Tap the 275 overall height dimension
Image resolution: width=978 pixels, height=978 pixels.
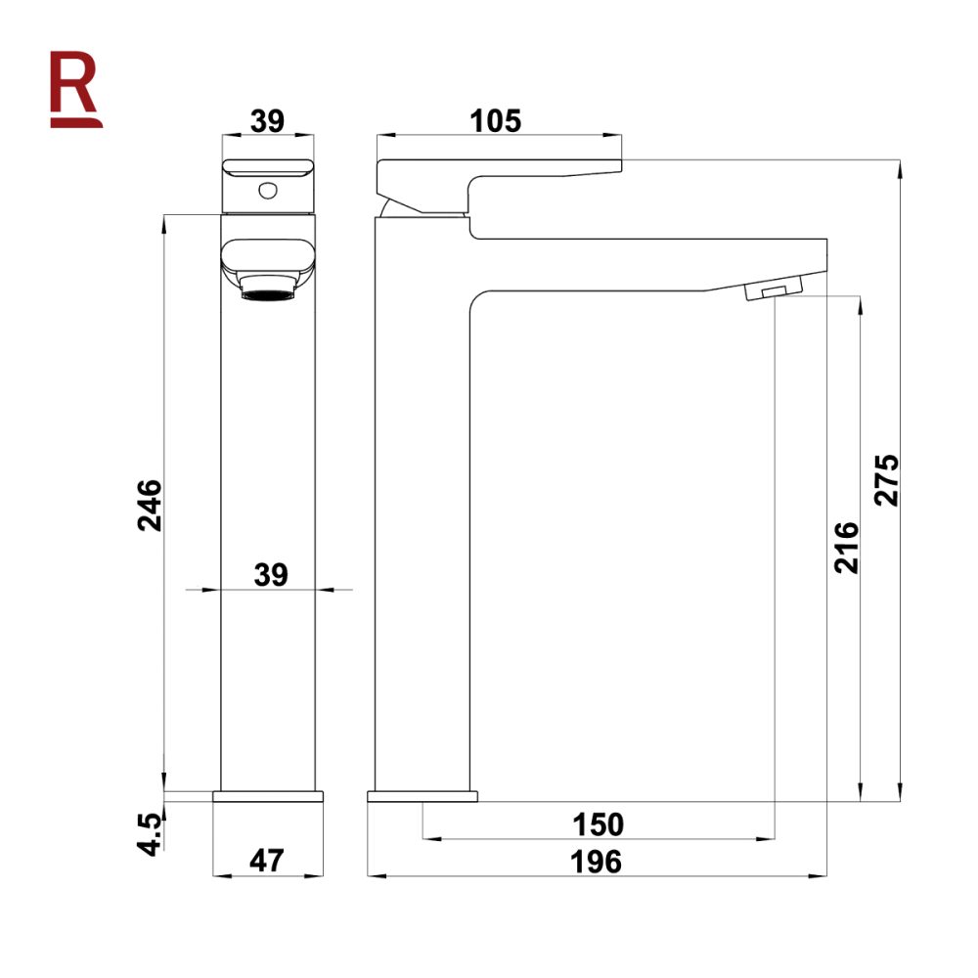pos(886,479)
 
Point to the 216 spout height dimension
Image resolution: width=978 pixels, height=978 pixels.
pos(846,547)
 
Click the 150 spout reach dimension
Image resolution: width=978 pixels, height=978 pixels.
pos(598,824)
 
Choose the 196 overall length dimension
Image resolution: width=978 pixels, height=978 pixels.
pos(598,862)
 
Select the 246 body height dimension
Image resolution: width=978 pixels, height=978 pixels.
pos(149,504)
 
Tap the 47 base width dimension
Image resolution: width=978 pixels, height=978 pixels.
pos(266,862)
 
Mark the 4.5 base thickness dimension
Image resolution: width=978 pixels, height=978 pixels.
pos(149,831)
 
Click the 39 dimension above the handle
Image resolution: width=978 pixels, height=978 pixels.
pos(266,120)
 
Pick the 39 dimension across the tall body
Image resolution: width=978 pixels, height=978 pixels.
pos(271,575)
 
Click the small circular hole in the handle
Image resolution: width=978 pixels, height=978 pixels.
pos(267,190)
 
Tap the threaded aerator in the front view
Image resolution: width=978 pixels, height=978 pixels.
pos(267,290)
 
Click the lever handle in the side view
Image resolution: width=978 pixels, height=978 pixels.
pos(499,172)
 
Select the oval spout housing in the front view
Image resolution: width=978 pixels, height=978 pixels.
pos(267,259)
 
